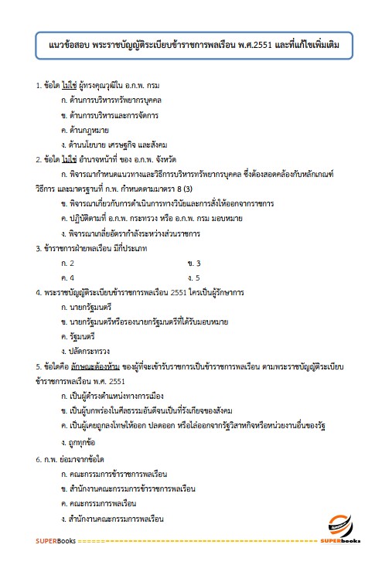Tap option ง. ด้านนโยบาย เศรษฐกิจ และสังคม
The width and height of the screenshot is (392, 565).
pos(113,145)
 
